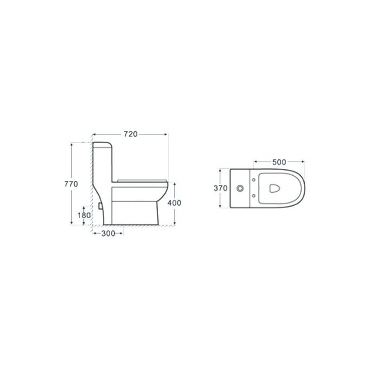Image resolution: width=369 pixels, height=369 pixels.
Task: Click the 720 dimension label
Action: (131, 134)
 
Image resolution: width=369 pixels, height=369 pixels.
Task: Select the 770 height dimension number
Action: (71, 184)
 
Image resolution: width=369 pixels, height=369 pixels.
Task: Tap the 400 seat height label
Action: (174, 203)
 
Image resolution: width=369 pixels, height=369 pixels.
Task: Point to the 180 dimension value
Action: (84, 215)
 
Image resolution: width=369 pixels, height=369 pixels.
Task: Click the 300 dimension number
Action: (108, 233)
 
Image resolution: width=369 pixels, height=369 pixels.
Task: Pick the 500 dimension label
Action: (279, 162)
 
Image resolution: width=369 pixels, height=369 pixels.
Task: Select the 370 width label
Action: (221, 188)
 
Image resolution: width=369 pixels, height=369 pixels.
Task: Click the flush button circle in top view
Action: (240, 188)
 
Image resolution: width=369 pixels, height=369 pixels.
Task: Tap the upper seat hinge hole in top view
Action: (254, 180)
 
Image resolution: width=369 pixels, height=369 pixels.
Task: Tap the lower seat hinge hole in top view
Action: (254, 196)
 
